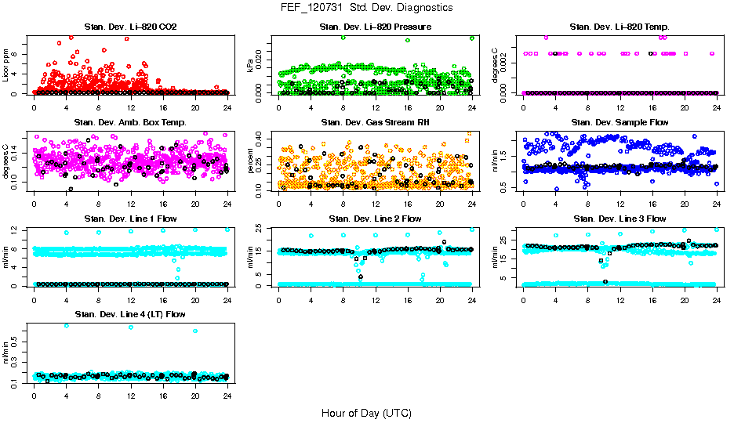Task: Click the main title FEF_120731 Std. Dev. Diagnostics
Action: pyautogui.click(x=366, y=8)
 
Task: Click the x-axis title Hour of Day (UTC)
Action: pyautogui.click(x=366, y=412)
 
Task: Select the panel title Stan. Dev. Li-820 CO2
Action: pyautogui.click(x=130, y=27)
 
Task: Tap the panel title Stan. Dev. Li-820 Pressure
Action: pyautogui.click(x=375, y=27)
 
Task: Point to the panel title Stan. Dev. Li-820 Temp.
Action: pyautogui.click(x=620, y=27)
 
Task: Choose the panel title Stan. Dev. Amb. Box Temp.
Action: pyautogui.click(x=130, y=123)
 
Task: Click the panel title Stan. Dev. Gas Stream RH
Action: pyautogui.click(x=375, y=123)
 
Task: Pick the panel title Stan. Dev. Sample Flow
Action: pyautogui.click(x=620, y=123)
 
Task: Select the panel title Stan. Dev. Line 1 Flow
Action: pyautogui.click(x=130, y=219)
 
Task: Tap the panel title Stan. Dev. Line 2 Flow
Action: pyautogui.click(x=375, y=219)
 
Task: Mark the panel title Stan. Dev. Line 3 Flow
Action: pyautogui.click(x=620, y=219)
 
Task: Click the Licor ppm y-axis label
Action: pyautogui.click(x=6, y=65)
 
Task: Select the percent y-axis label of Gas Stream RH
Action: pyautogui.click(x=251, y=161)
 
